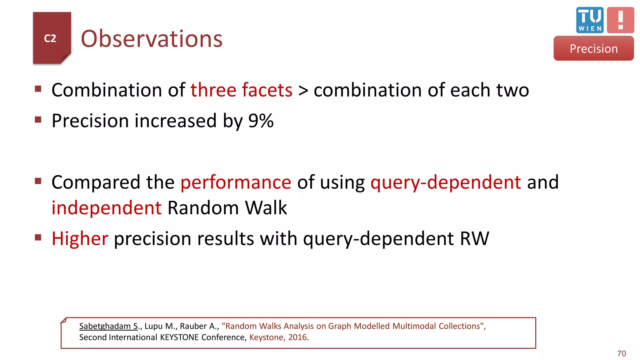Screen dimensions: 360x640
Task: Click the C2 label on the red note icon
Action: tap(50, 38)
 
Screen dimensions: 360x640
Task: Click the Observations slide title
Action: tap(152, 39)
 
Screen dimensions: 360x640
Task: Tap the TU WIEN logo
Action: tap(590, 20)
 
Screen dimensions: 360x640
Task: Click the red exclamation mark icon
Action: tap(620, 20)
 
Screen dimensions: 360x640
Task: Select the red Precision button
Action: tap(593, 48)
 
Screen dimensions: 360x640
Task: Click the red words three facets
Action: tap(241, 90)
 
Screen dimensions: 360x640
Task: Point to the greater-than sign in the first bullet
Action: tap(303, 91)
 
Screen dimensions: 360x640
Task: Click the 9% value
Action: tap(261, 121)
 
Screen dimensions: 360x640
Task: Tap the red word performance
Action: tap(236, 182)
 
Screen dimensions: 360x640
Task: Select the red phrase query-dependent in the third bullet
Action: tap(446, 182)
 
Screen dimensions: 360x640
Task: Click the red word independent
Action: tap(107, 208)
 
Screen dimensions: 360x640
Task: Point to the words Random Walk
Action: tap(227, 208)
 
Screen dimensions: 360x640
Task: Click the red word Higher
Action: tap(80, 238)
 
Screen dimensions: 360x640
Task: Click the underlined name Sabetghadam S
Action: tap(108, 326)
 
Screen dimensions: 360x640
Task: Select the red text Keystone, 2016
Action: tap(278, 337)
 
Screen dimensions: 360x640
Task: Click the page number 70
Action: tap(621, 353)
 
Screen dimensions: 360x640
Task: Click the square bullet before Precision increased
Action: tap(38, 120)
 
